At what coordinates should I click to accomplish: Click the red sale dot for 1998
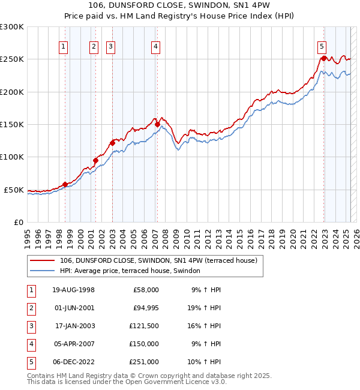pos(65,184)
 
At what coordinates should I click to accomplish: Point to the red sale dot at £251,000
pos(324,58)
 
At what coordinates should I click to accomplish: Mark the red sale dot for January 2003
pos(112,143)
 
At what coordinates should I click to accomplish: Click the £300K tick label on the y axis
pos(12,27)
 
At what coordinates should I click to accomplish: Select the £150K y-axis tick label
pos(12,124)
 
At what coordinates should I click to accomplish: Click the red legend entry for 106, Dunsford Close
pos(158,260)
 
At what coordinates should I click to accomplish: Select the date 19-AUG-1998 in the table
pos(73,290)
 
